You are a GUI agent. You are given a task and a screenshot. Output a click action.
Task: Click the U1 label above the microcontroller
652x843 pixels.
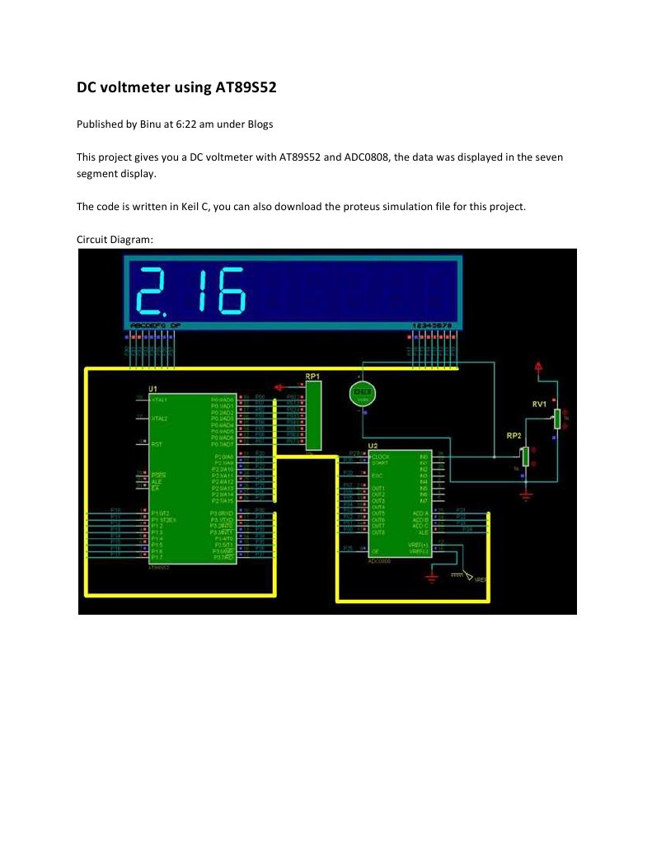coord(152,388)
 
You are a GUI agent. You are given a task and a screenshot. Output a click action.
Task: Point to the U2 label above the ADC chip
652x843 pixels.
coord(373,446)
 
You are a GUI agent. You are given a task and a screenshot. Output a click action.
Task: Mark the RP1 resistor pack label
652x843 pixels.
coord(312,377)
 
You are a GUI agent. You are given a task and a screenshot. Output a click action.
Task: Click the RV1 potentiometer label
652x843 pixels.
coord(540,404)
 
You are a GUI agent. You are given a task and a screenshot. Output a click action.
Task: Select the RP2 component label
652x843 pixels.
coord(514,434)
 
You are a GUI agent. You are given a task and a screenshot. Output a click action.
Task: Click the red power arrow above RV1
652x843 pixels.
coord(538,366)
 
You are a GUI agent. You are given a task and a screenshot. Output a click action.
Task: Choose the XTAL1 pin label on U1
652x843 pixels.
coord(159,399)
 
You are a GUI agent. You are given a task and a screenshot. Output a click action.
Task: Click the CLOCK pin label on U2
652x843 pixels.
coord(382,456)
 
